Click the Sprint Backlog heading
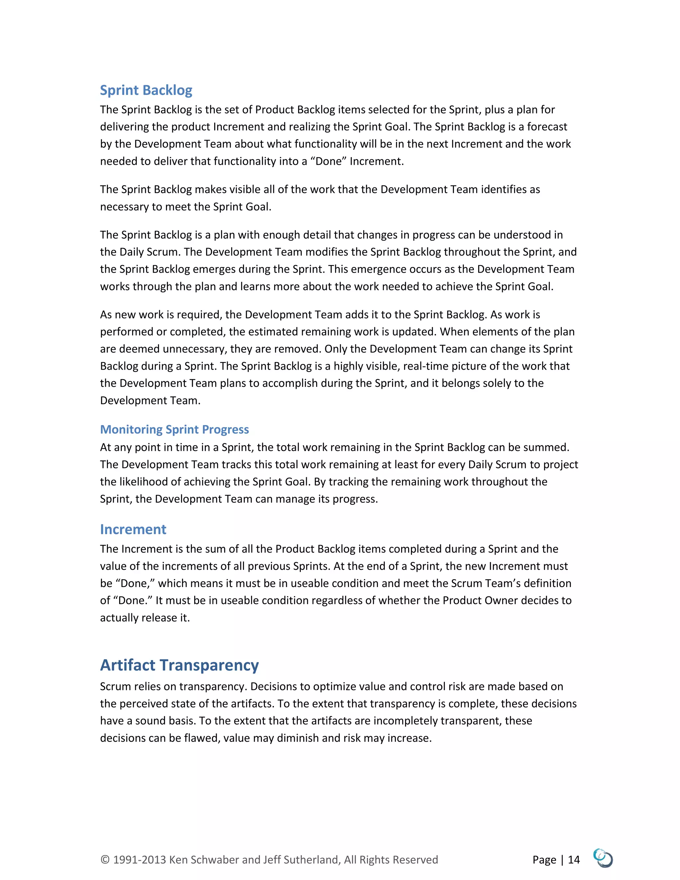pyautogui.click(x=146, y=90)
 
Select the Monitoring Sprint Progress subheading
pyautogui.click(x=174, y=429)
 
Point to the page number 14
pyautogui.click(x=574, y=860)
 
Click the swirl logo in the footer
pyautogui.click(x=603, y=858)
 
